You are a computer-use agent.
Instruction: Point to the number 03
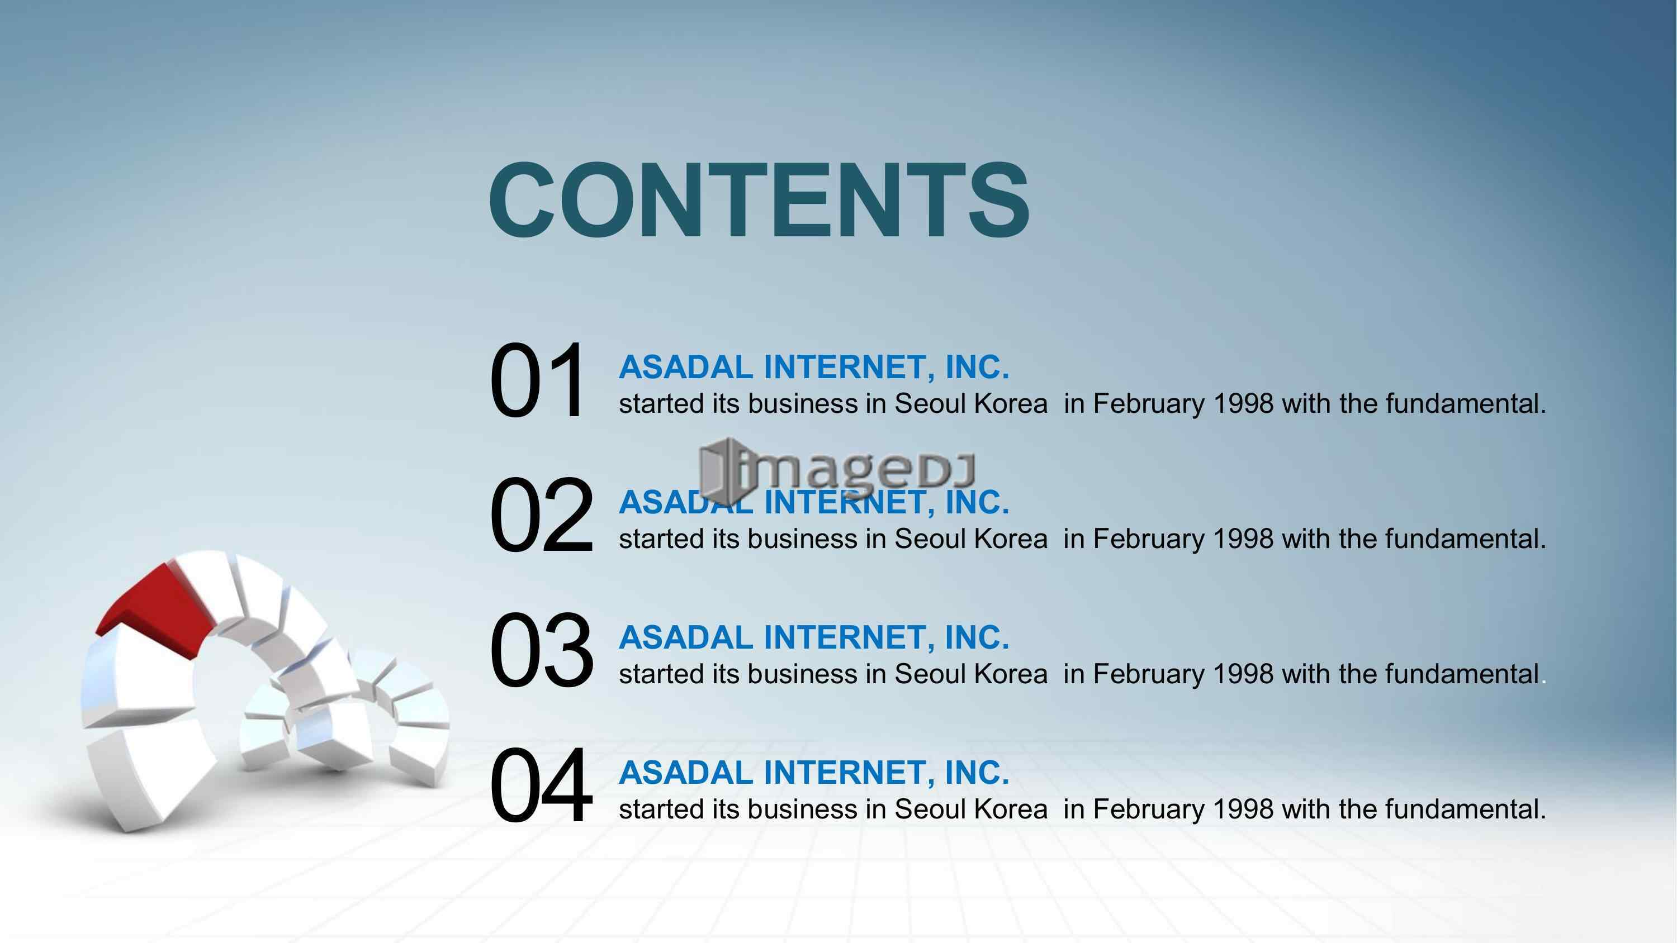[541, 650]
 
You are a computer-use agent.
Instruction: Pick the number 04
[541, 785]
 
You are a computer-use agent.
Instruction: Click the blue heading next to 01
[814, 367]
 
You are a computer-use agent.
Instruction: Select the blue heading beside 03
[814, 637]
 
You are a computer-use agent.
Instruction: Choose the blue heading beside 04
[814, 773]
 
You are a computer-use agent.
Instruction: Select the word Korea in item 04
[1011, 809]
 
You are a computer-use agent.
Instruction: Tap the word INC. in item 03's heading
[977, 637]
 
